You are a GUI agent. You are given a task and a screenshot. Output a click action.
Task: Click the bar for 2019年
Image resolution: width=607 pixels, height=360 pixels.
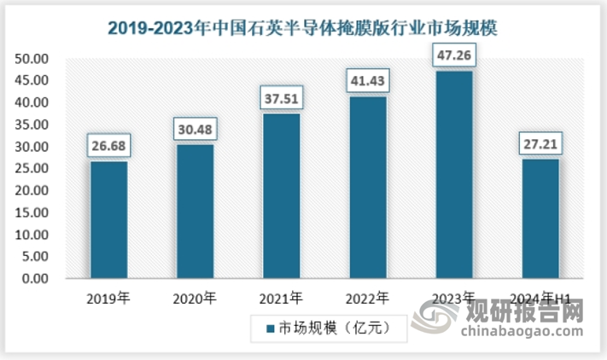[x=109, y=219]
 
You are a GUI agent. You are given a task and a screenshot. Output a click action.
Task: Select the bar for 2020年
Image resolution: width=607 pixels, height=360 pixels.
[x=196, y=211]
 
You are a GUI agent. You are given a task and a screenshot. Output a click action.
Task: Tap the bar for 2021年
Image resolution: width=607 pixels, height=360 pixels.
[x=282, y=195]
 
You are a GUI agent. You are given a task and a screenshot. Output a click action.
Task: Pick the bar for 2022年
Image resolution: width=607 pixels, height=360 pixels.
[x=368, y=187]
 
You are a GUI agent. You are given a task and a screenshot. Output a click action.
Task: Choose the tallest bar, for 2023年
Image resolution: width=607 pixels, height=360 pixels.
[x=453, y=174]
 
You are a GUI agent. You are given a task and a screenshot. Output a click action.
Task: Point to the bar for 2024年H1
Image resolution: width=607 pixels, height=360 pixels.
[x=540, y=218]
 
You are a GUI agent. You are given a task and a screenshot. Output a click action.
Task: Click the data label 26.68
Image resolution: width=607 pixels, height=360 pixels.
[x=109, y=146]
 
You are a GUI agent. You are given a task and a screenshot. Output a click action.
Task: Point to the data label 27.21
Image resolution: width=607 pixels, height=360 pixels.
[x=540, y=143]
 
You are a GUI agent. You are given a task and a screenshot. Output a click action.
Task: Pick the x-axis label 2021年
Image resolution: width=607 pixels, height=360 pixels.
[x=281, y=299]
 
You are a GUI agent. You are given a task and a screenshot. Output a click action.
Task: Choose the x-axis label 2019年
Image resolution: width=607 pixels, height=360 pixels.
[x=108, y=299]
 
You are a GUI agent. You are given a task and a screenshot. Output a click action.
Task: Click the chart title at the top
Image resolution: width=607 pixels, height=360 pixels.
[x=302, y=27]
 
